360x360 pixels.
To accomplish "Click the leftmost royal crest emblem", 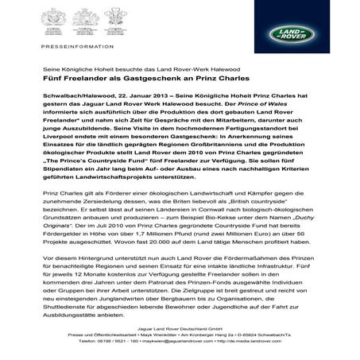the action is click(x=58, y=20).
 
